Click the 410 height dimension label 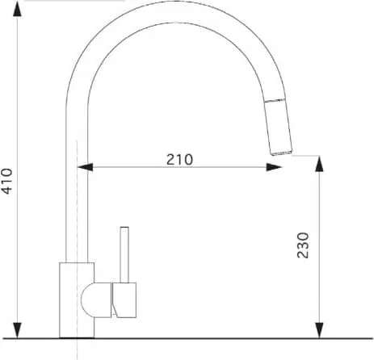(x=7, y=181)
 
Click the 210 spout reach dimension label (x=179, y=160)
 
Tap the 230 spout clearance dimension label (x=303, y=245)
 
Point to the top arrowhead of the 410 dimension (x=18, y=10)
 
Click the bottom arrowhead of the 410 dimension (x=18, y=330)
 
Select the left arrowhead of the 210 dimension (x=85, y=167)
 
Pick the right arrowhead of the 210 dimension (x=274, y=167)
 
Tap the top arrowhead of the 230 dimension (x=319, y=164)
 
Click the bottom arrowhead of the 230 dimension (x=319, y=330)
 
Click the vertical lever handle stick (x=124, y=254)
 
